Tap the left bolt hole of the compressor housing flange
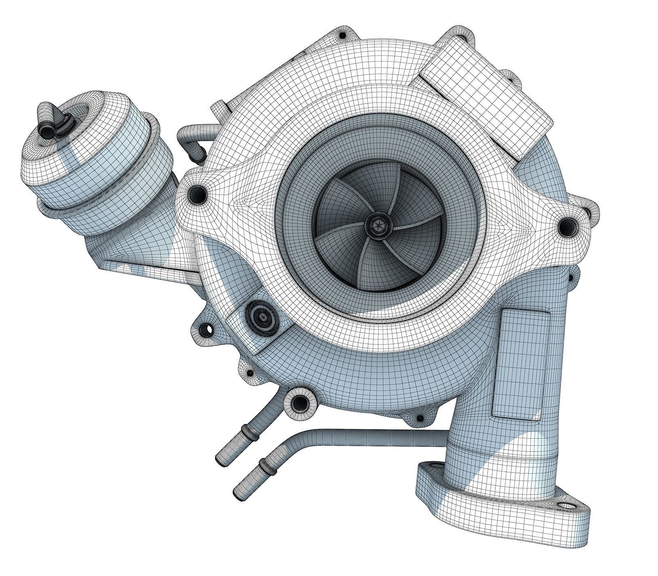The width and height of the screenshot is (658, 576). click(197, 193)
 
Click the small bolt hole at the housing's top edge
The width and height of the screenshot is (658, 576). click(342, 35)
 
